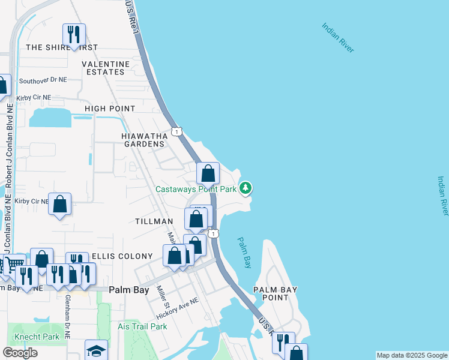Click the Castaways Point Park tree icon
[245, 188]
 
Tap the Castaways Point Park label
[196, 189]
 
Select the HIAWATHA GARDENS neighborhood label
[143, 140]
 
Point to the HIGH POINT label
[110, 109]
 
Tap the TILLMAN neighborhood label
[154, 221]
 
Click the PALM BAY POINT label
[275, 293]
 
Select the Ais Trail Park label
[142, 326]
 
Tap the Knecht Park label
[37, 337]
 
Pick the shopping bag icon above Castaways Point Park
[208, 175]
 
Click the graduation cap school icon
[96, 351]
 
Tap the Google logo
[20, 353]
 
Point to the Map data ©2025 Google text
[412, 355]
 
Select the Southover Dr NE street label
[43, 80]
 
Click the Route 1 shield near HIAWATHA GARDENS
[176, 131]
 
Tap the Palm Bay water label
[244, 252]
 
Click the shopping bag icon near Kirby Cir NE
[60, 204]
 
